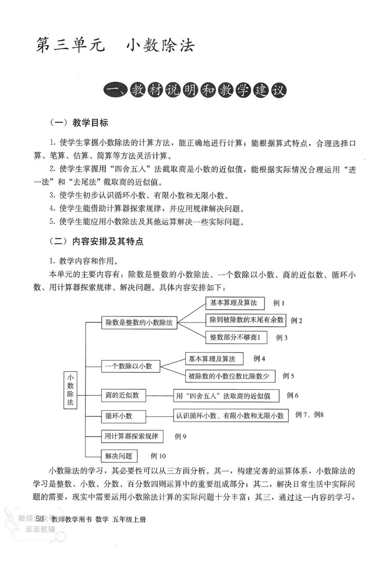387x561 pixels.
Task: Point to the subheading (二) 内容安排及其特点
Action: pos(97,241)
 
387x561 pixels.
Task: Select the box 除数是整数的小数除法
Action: pos(139,323)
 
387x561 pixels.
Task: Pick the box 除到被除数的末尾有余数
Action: pos(246,320)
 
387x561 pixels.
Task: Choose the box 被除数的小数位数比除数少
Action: pos(230,376)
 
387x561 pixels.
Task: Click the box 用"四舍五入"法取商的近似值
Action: pos(226,396)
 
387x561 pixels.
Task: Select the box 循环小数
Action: pos(119,416)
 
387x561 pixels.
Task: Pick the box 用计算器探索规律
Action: pos(132,436)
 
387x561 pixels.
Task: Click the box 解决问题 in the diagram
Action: pos(119,456)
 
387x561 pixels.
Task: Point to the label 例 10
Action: pos(158,456)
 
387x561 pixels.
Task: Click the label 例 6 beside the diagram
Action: pos(293,396)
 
